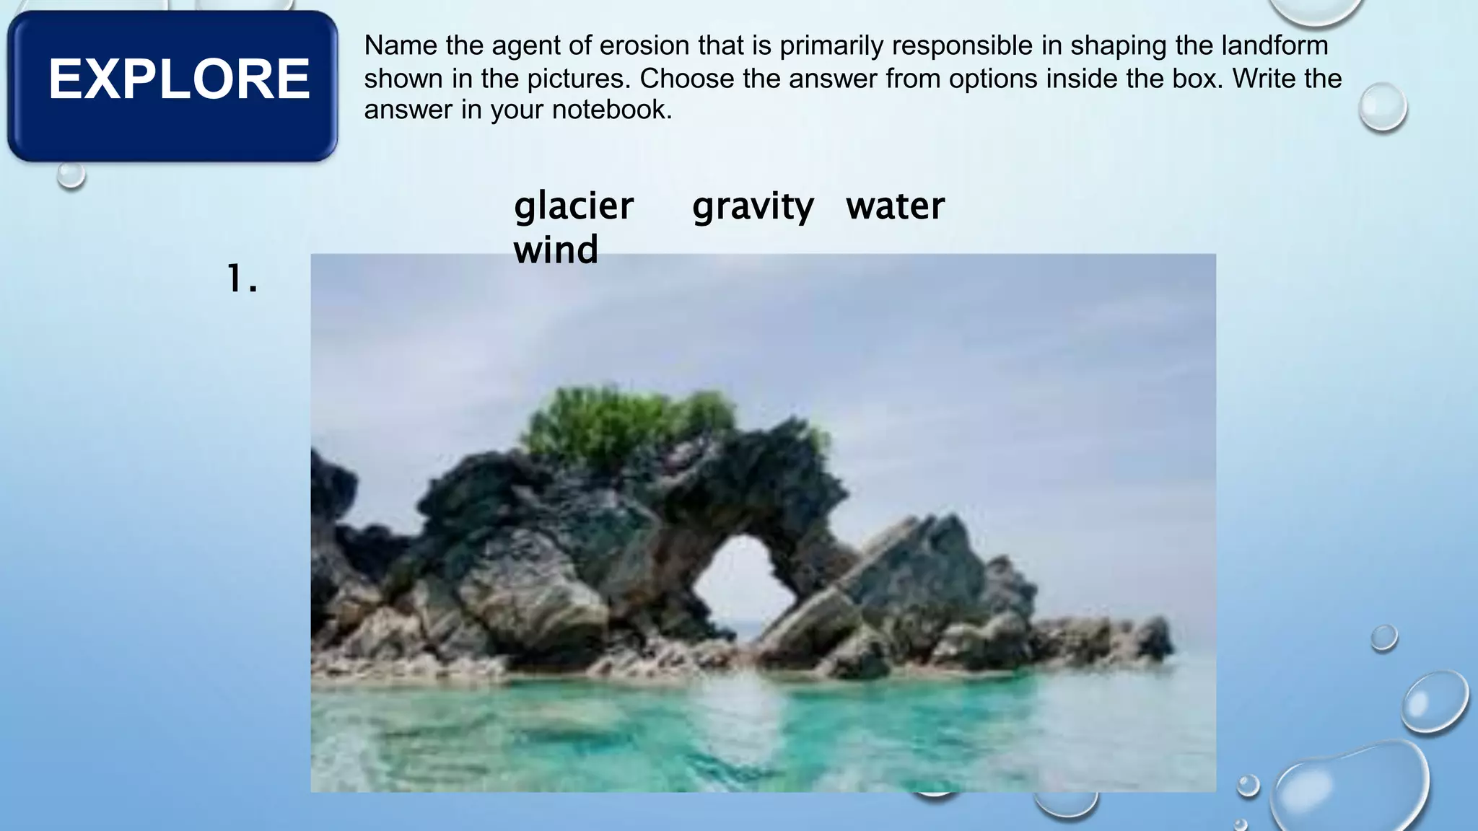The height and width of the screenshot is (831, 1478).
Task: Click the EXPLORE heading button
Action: (x=173, y=85)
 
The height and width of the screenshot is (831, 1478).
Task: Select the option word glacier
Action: (x=574, y=206)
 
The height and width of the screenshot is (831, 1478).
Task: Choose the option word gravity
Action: (x=753, y=206)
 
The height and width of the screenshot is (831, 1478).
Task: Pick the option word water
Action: (x=895, y=206)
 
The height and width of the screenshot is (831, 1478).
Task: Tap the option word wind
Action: (x=556, y=250)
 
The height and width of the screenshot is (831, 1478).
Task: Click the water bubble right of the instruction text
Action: (x=1382, y=107)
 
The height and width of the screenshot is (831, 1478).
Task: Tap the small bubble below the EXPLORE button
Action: (x=71, y=175)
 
